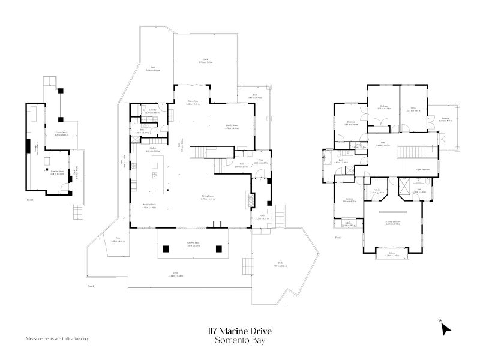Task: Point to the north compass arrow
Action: [445, 328]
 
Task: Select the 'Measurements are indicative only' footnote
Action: [57, 339]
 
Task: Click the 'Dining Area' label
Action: [193, 102]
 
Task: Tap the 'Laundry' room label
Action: [152, 111]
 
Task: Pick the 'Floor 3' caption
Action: [338, 238]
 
